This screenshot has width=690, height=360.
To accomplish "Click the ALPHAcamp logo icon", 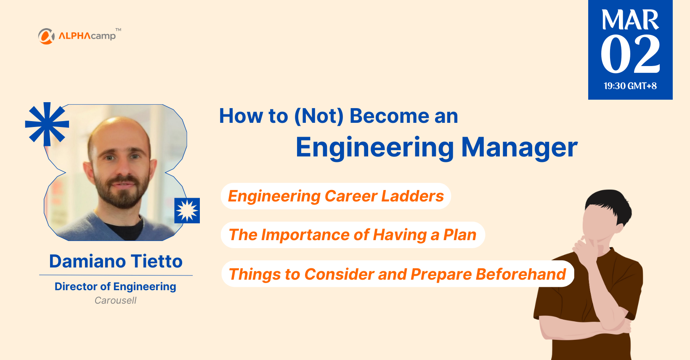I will [46, 36].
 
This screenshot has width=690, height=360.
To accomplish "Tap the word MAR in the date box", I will [630, 20].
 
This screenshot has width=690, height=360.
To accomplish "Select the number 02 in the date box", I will [630, 54].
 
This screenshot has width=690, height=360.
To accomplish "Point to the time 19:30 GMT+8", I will [630, 86].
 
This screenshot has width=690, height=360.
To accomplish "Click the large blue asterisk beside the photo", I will [47, 124].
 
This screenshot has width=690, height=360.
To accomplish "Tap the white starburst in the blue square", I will [187, 210].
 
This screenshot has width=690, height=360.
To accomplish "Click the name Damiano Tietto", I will [116, 261].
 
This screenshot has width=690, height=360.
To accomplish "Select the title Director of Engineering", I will [115, 286].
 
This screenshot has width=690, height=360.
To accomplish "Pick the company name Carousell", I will [115, 300].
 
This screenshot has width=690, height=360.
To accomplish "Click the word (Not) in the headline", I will [319, 116].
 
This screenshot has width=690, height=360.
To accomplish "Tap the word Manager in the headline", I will [519, 148].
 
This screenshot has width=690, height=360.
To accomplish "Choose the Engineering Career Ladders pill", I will [336, 196].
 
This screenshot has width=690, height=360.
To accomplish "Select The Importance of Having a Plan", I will [353, 235].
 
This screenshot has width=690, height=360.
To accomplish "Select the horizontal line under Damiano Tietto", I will [116, 275].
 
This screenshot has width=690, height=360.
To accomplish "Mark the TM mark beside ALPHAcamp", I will [118, 29].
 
